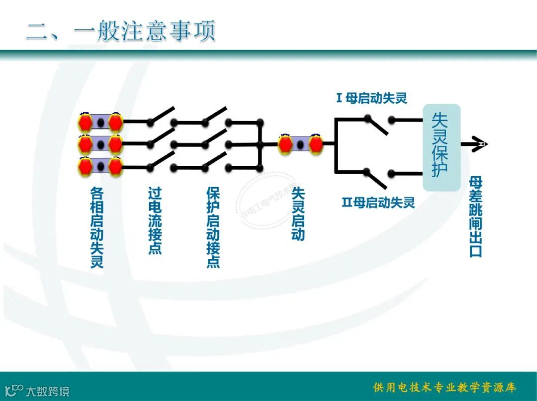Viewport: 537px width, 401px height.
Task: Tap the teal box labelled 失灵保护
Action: point(441,147)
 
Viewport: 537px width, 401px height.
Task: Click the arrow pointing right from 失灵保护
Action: point(475,144)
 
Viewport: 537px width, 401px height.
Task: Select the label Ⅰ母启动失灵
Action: point(371,98)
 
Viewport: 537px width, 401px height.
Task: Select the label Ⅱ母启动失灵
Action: point(378,202)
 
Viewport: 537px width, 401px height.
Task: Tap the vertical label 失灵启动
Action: point(297,213)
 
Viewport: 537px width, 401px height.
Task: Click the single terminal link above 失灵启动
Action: point(300,144)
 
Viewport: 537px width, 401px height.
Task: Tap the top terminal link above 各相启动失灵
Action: point(100,122)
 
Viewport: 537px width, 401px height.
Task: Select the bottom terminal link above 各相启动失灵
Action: point(100,166)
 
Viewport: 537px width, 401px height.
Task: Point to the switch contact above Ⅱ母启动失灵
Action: point(378,177)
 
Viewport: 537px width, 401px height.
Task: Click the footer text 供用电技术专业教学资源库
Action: point(444,387)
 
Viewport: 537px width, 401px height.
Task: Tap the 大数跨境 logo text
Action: point(47,391)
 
